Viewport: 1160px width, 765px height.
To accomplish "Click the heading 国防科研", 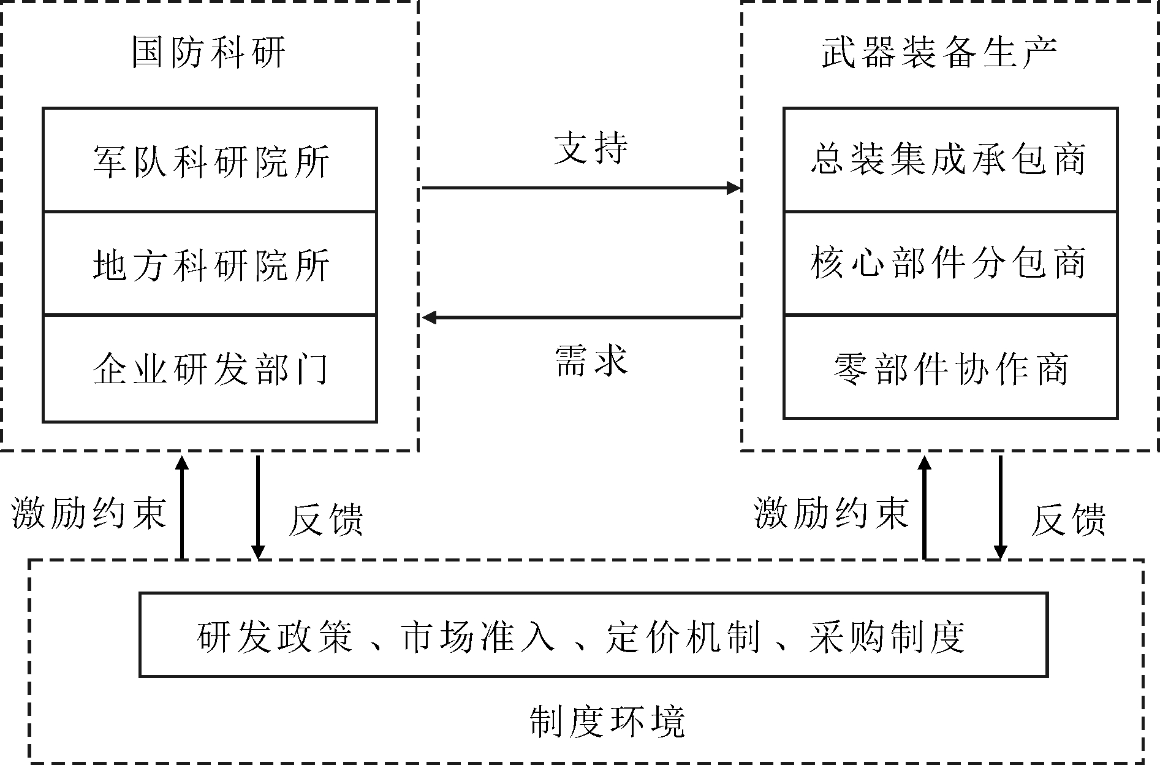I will click(208, 53).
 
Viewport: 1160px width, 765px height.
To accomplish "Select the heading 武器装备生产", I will click(938, 53).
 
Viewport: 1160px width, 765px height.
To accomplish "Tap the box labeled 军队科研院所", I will click(210, 161).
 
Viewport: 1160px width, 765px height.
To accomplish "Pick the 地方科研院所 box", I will click(210, 264).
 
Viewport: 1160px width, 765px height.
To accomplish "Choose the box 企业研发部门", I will click(210, 368).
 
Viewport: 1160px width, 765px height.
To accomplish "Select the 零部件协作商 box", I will click(950, 367).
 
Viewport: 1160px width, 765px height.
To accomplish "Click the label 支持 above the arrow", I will click(591, 148).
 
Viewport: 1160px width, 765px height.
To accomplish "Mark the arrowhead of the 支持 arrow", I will click(734, 188).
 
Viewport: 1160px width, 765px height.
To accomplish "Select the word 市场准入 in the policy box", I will click(477, 636).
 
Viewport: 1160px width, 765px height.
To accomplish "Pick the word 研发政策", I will click(275, 636).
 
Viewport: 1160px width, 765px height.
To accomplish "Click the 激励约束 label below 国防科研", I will click(89, 512).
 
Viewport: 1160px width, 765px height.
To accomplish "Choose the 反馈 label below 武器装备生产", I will click(1069, 520).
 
